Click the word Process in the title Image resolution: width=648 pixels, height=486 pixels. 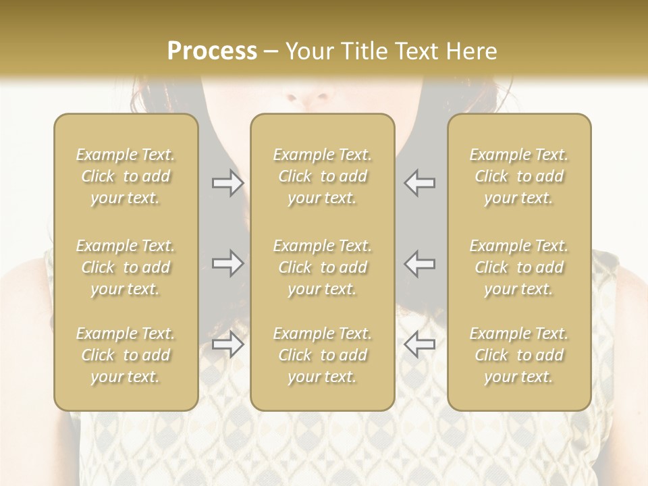(x=212, y=51)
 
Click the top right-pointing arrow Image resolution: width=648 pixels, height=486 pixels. (x=228, y=183)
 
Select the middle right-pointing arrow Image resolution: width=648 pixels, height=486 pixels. (x=228, y=263)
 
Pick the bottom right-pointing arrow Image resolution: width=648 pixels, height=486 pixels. (x=228, y=344)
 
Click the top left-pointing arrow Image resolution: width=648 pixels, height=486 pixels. (x=419, y=183)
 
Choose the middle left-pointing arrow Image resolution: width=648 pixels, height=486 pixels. (x=419, y=263)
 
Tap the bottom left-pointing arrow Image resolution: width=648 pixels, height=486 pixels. (x=419, y=344)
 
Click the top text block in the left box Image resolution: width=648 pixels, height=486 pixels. (x=126, y=176)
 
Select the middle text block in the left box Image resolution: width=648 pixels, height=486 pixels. (x=126, y=267)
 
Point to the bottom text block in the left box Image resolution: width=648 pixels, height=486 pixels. (x=126, y=355)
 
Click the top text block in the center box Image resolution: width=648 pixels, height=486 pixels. (x=323, y=176)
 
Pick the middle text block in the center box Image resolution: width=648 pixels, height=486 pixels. (x=323, y=267)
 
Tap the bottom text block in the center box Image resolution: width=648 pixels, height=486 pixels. (x=323, y=355)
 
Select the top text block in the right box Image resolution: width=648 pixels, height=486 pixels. (x=519, y=176)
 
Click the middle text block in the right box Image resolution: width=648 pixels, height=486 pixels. (x=519, y=267)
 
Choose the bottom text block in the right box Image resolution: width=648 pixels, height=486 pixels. (x=519, y=355)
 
